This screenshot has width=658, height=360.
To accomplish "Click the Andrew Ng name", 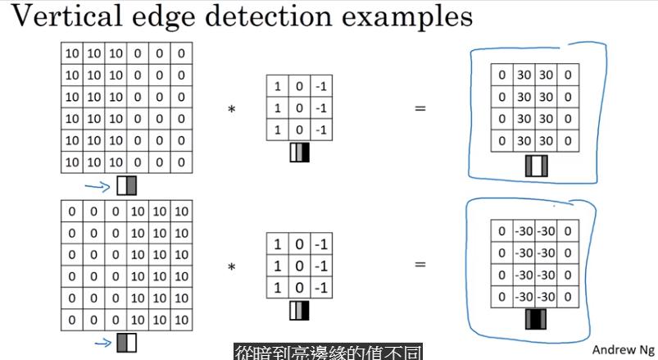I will (622, 349).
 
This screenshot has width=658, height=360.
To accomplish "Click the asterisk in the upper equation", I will (232, 109).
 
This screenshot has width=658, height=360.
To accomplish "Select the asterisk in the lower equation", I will (232, 267).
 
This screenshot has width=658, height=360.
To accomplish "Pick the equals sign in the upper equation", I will (420, 108).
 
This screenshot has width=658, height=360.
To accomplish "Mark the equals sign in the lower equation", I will (420, 265).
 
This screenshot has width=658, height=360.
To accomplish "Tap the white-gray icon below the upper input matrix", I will (126, 186).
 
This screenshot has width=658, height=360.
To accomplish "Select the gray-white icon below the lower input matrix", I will (126, 341).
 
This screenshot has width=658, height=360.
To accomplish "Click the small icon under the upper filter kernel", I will (300, 153).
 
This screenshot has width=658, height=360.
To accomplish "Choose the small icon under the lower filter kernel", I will (300, 311).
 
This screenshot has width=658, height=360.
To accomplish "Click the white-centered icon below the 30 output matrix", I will (536, 166).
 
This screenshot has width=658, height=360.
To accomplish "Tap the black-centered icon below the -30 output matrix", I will (536, 319).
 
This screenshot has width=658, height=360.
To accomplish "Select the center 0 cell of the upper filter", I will (300, 108).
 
